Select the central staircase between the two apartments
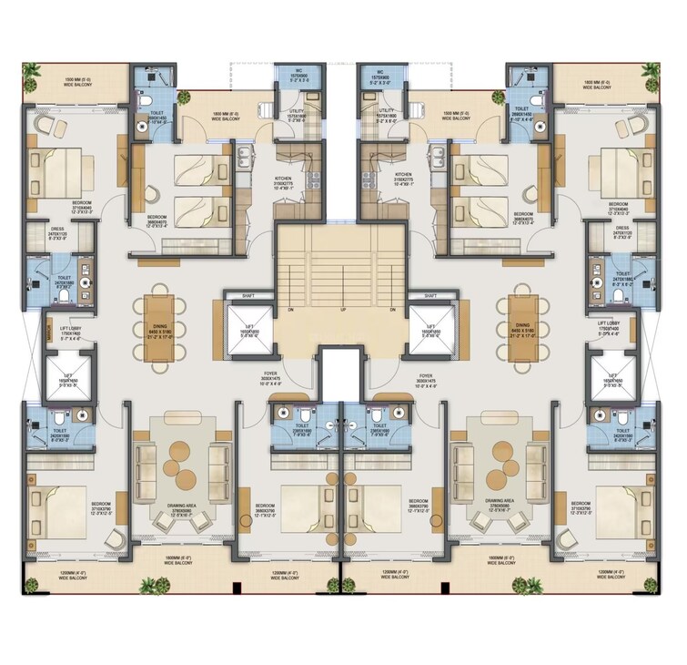click(x=343, y=264)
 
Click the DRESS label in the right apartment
click(x=622, y=228)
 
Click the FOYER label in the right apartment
click(x=425, y=375)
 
